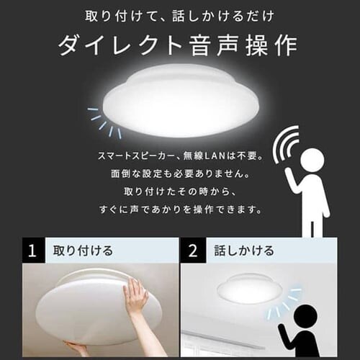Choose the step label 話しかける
point(244,251)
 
